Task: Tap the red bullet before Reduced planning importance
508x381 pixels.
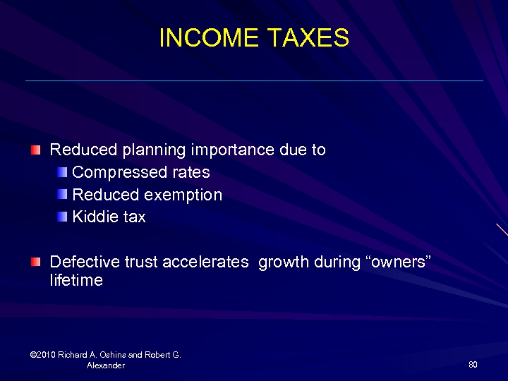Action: pos(36,150)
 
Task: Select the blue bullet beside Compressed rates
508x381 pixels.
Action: pos(64,171)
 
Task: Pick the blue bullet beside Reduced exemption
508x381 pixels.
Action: pos(64,194)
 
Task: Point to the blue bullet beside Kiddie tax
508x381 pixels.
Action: pos(64,217)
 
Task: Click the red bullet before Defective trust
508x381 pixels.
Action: pos(36,262)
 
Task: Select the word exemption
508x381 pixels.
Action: pos(183,195)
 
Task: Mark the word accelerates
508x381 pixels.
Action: pos(205,262)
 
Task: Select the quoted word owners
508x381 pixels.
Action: pos(399,262)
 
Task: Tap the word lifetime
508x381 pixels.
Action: pos(76,281)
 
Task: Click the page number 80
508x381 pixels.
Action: pos(473,365)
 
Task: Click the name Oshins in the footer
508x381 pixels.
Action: pos(113,355)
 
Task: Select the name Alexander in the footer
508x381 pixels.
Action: pos(106,365)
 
